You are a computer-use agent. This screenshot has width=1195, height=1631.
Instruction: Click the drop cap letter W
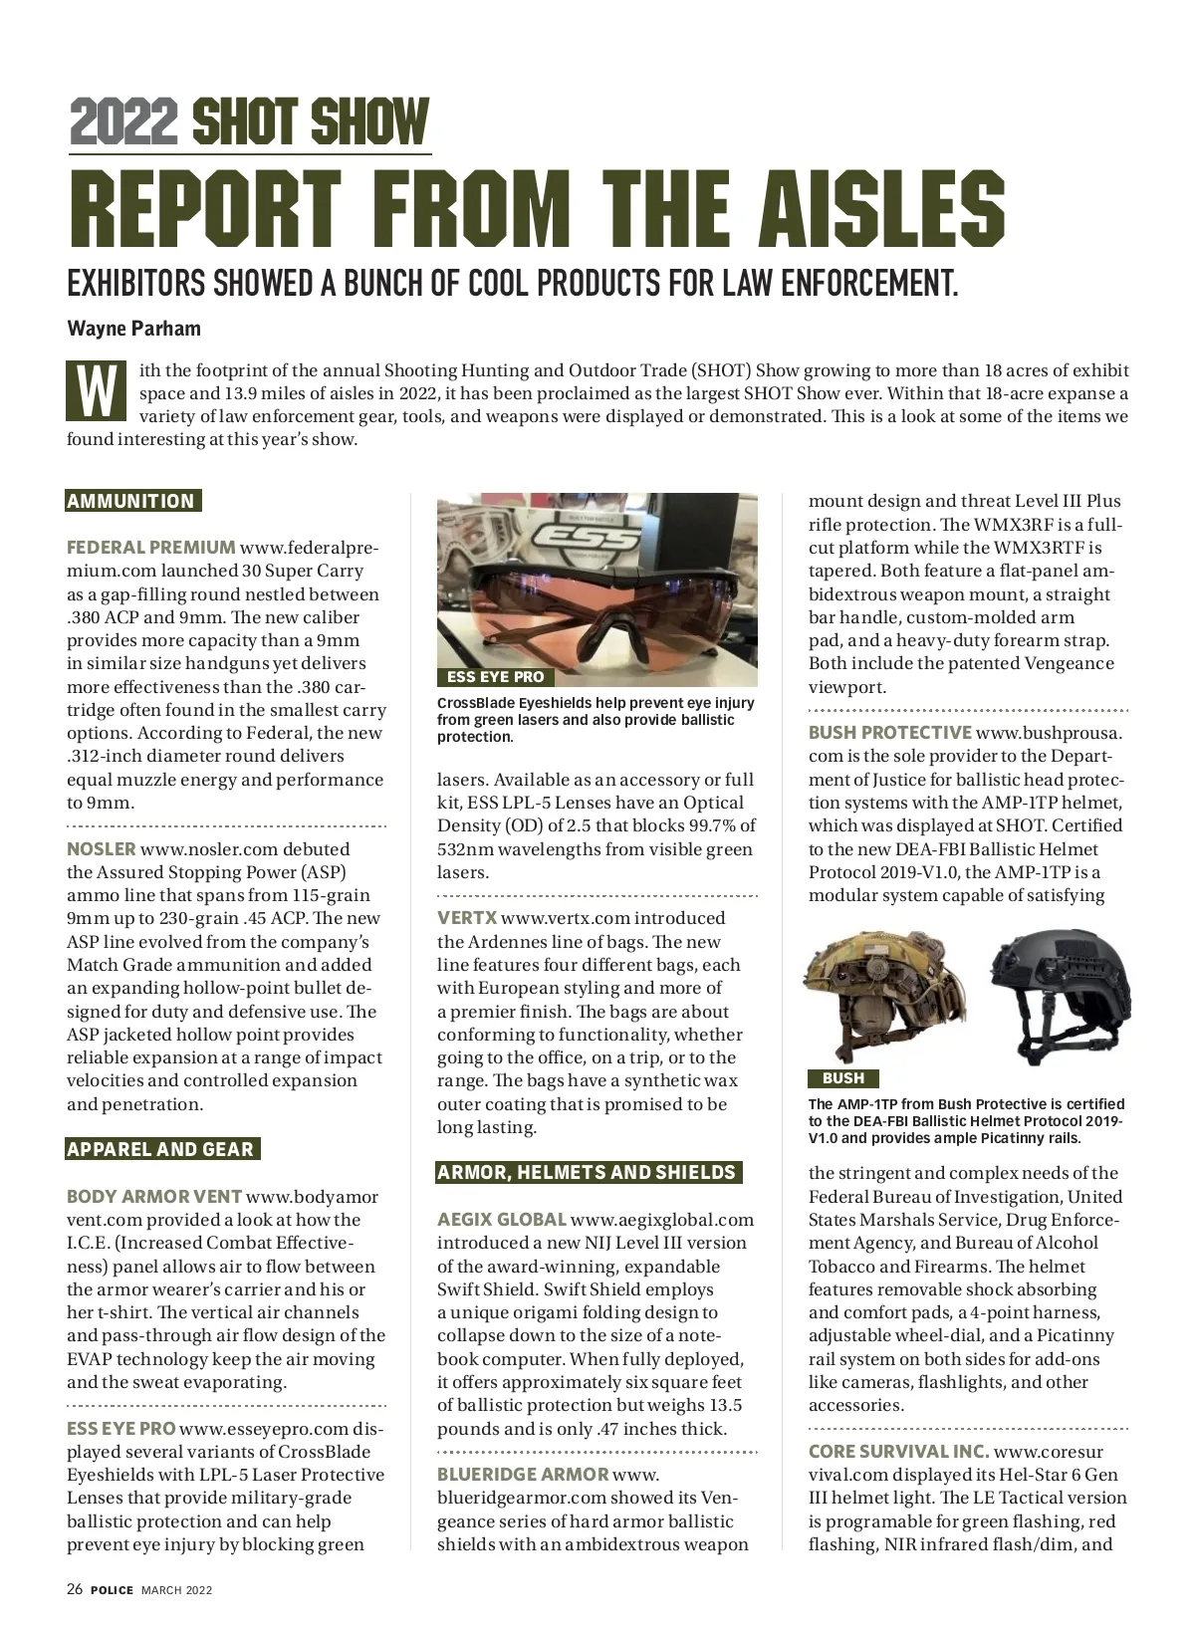[x=96, y=389]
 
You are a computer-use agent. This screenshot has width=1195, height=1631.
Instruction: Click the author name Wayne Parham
[x=133, y=329]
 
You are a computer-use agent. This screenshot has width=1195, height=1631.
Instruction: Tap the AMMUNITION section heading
[x=131, y=501]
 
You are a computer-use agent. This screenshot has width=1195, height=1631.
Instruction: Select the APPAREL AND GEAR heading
[x=161, y=1149]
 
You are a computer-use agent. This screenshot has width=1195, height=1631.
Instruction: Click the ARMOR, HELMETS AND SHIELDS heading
[x=588, y=1172]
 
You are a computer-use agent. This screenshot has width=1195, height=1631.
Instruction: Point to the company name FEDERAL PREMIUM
[x=150, y=548]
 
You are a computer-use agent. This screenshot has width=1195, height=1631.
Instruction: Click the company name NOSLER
[x=101, y=849]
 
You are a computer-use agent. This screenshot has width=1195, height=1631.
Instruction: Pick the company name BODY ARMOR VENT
[x=154, y=1197]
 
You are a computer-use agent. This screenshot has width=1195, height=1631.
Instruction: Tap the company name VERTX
[x=466, y=918]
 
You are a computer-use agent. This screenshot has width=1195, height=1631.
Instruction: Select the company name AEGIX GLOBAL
[x=501, y=1220]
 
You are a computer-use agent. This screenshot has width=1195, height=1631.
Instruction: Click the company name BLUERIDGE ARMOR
[x=522, y=1475]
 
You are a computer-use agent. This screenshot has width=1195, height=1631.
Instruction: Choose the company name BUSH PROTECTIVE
[x=889, y=733]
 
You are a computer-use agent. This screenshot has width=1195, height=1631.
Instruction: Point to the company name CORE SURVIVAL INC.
[x=898, y=1452]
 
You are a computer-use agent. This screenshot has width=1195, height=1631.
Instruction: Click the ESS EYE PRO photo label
[x=495, y=677]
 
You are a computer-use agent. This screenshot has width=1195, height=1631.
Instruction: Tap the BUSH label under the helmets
[x=842, y=1078]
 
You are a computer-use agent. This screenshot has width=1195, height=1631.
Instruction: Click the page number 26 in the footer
[x=75, y=1590]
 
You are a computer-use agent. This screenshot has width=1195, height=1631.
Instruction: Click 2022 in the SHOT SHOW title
[x=124, y=122]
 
